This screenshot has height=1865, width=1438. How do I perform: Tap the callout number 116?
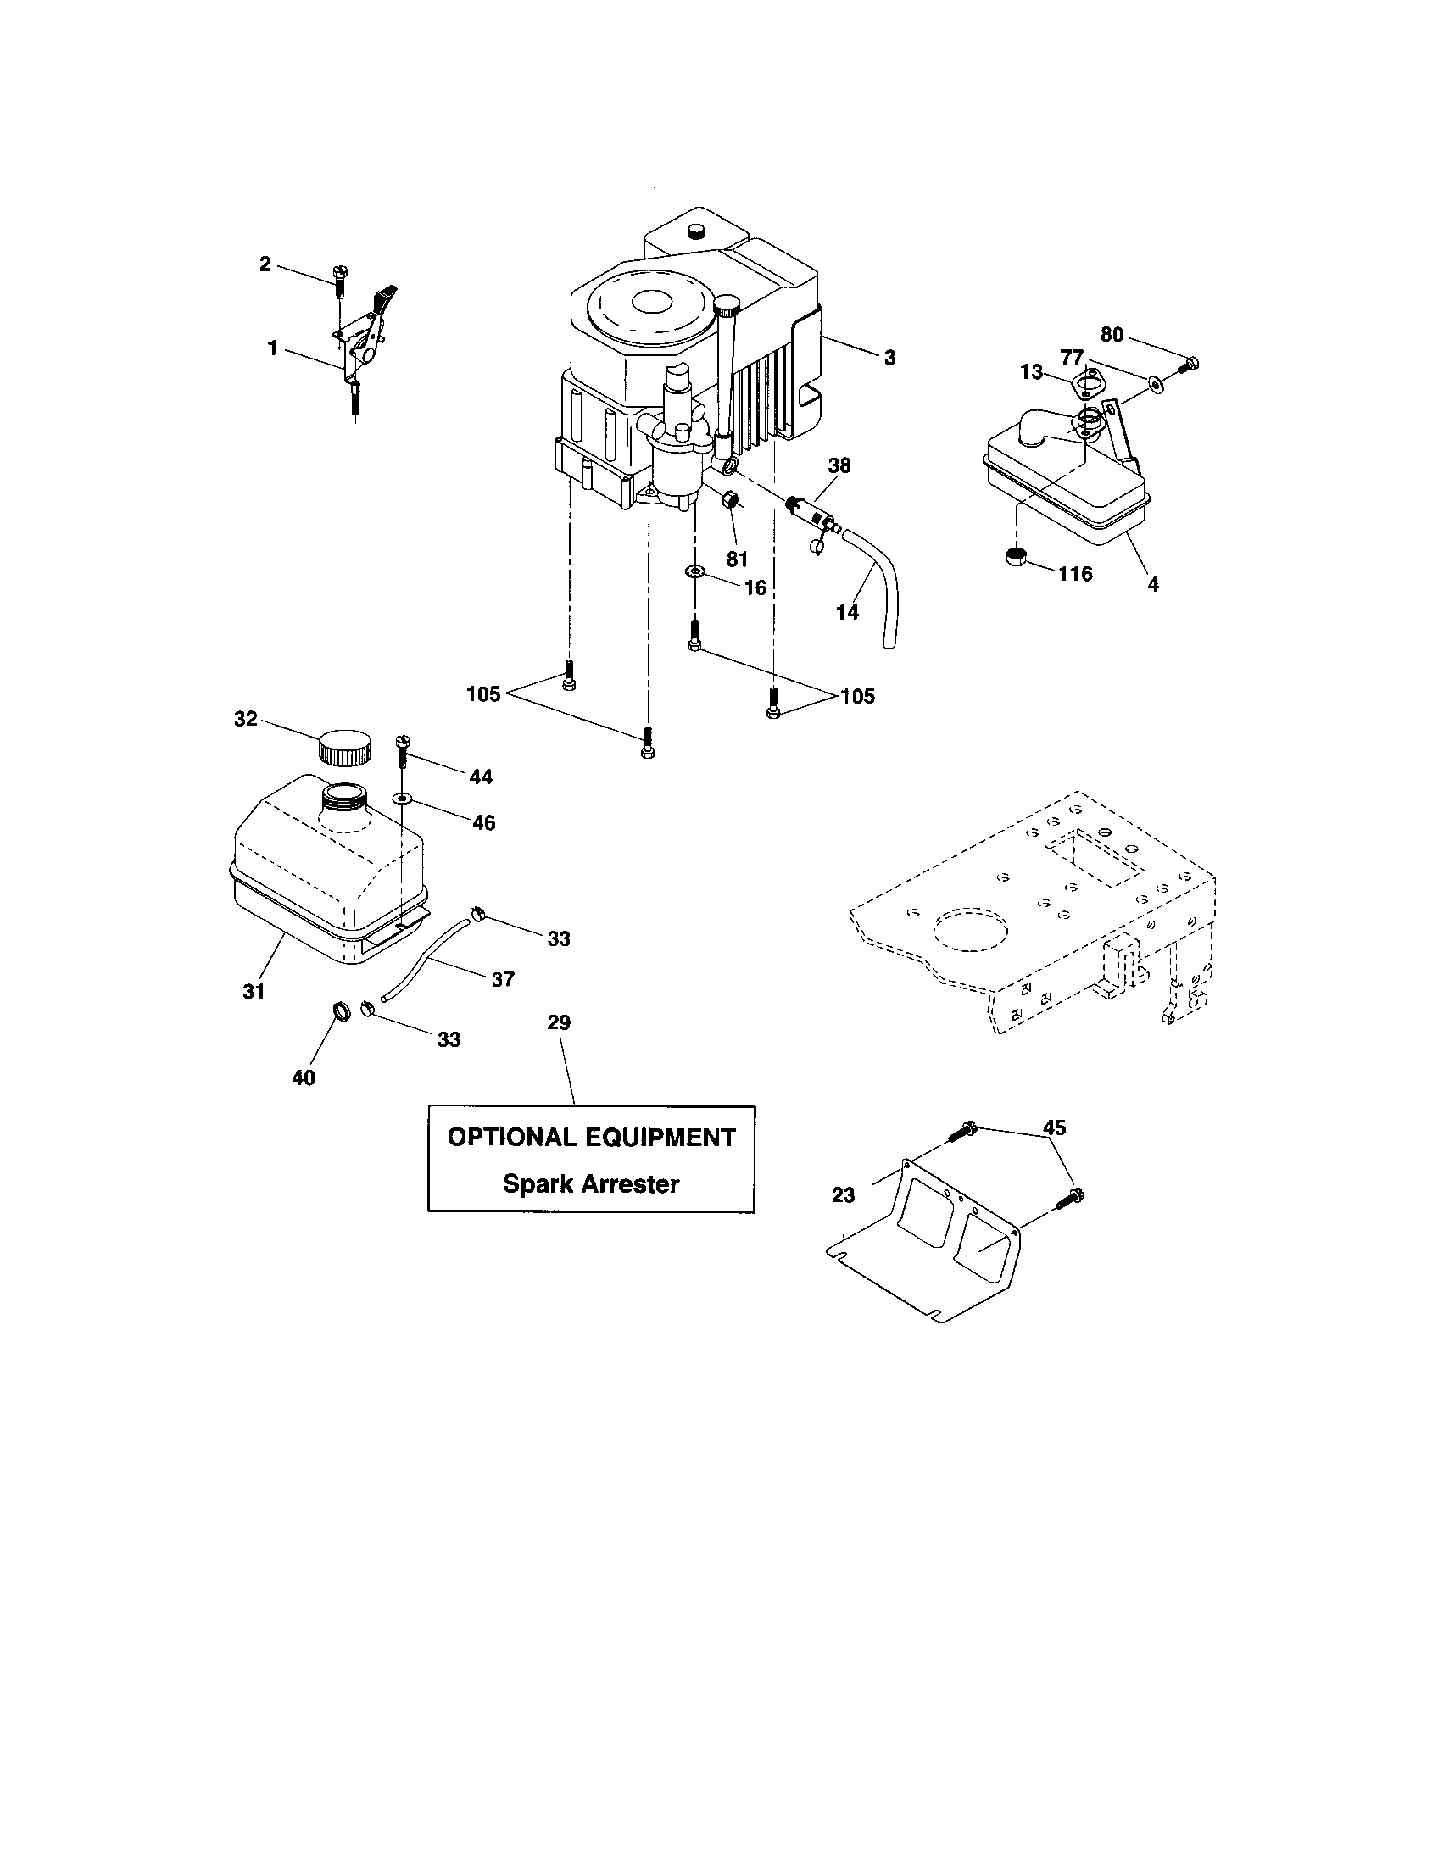click(1075, 574)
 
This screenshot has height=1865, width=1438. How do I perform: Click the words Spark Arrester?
click(591, 1183)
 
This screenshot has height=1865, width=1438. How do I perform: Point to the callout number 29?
click(559, 1022)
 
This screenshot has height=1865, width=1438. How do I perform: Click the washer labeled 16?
click(695, 571)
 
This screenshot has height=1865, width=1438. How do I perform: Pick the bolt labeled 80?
click(1188, 365)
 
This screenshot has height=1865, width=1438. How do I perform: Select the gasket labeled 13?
click(1084, 383)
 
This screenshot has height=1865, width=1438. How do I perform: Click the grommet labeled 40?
click(341, 1013)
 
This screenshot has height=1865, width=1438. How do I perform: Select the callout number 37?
click(503, 979)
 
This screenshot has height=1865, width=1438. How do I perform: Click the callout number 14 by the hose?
click(848, 612)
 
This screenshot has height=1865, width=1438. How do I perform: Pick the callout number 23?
click(844, 1195)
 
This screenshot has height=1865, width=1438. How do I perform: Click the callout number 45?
click(1055, 1127)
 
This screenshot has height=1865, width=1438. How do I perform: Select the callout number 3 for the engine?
click(889, 359)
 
